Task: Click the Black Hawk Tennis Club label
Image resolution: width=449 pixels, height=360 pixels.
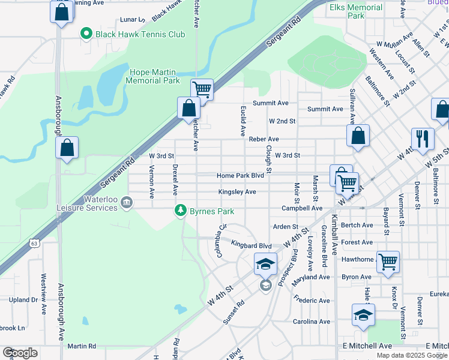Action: pyautogui.click(x=140, y=34)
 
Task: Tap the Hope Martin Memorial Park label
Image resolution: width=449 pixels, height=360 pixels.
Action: pyautogui.click(x=154, y=76)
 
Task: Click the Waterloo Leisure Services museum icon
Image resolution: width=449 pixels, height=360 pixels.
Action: pyautogui.click(x=127, y=202)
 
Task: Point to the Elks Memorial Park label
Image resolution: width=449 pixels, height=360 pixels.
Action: pyautogui.click(x=356, y=11)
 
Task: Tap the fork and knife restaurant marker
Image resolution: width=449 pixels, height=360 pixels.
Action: pyautogui.click(x=423, y=139)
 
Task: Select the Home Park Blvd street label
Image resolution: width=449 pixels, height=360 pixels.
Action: pyautogui.click(x=240, y=176)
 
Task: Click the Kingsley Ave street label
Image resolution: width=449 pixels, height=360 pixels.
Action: pyautogui.click(x=237, y=192)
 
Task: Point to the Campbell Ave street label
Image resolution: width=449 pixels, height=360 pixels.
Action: pyautogui.click(x=303, y=208)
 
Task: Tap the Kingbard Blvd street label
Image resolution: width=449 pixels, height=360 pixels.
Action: pyautogui.click(x=252, y=245)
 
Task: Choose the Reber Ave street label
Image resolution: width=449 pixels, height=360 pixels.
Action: pyautogui.click(x=264, y=139)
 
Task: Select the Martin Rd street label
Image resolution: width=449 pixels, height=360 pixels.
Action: pyautogui.click(x=82, y=346)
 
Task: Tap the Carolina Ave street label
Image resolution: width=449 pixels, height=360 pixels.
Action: pyautogui.click(x=312, y=322)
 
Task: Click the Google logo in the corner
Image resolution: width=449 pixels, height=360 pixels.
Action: pyautogui.click(x=20, y=353)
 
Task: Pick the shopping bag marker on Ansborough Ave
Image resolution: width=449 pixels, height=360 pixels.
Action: pyautogui.click(x=67, y=148)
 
